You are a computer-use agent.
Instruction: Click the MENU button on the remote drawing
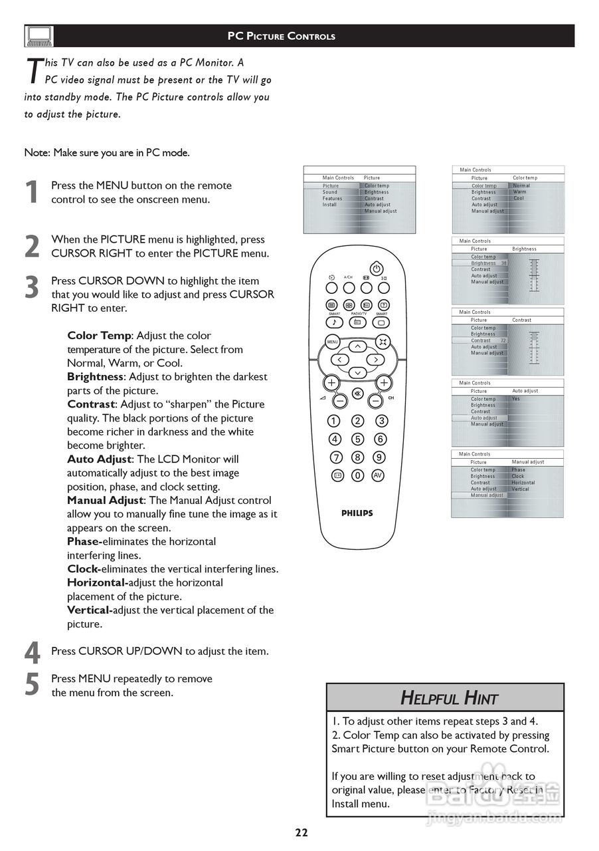332,342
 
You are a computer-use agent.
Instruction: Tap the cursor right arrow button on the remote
376,359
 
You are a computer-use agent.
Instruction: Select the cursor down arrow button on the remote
357,373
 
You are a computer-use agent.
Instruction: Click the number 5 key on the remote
357,439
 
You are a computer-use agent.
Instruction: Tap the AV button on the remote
378,475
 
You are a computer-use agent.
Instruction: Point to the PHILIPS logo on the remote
357,513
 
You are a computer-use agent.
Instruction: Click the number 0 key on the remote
357,475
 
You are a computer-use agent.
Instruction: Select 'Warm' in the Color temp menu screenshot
519,192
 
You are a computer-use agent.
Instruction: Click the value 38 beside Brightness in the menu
503,263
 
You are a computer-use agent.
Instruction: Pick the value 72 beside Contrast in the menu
503,340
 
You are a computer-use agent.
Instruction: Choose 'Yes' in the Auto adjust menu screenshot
516,399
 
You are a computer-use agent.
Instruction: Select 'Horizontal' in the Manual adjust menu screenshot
523,483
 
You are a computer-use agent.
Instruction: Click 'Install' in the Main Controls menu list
330,205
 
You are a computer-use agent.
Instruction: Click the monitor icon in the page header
39,36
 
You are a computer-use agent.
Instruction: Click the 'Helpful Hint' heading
449,698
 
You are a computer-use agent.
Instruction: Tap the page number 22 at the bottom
301,832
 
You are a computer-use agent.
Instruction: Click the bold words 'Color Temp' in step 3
99,336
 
